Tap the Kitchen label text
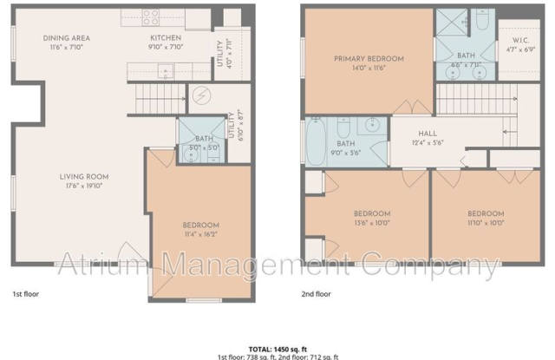tap(165, 38)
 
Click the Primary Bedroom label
tap(369, 59)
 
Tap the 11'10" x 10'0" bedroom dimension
tap(485, 222)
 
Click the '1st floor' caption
tap(26, 294)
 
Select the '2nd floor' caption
tap(317, 294)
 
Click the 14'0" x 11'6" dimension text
tap(369, 69)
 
